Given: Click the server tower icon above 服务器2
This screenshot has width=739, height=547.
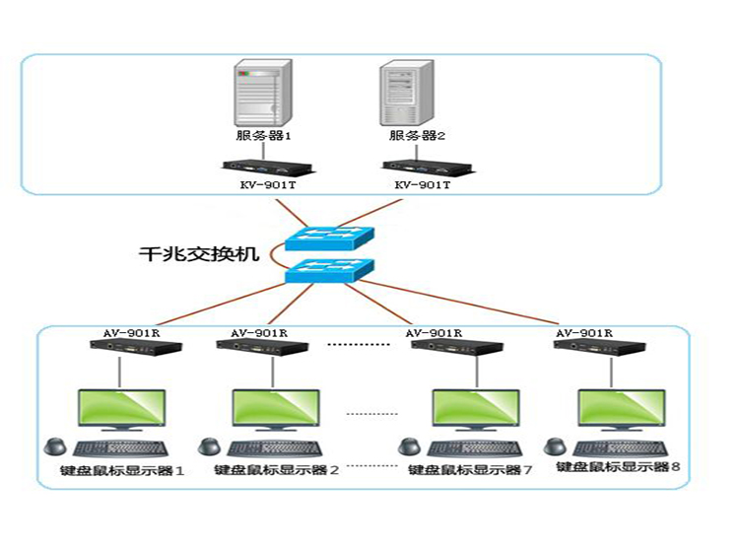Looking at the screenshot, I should click(409, 93).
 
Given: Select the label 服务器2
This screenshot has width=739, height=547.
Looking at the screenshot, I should click(410, 136).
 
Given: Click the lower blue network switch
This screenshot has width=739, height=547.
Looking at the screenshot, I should click(330, 271).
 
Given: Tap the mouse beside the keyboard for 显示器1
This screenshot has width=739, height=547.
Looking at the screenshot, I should click(56, 444).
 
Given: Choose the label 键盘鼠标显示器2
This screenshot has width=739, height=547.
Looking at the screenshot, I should click(276, 470).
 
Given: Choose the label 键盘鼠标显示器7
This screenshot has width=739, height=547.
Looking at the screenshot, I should click(469, 470).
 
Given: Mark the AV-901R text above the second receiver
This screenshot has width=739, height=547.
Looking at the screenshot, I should click(258, 333).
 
